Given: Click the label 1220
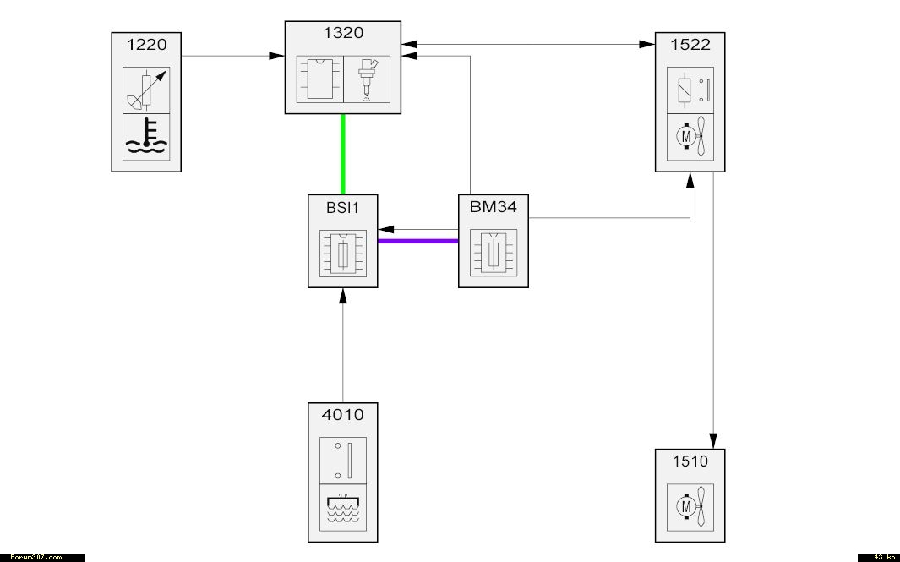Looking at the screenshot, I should pyautogui.click(x=146, y=45).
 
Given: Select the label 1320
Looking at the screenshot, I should pyautogui.click(x=342, y=34).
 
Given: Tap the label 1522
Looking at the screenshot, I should pyautogui.click(x=690, y=45).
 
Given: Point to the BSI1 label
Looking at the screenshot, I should pyautogui.click(x=342, y=207).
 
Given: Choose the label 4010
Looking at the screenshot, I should pyautogui.click(x=342, y=415).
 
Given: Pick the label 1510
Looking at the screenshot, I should pyautogui.click(x=690, y=461).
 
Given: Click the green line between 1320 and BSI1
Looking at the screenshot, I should pyautogui.click(x=342, y=154).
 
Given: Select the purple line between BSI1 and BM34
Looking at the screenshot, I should pyautogui.click(x=417, y=241).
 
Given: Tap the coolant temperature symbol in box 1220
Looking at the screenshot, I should pyautogui.click(x=146, y=137).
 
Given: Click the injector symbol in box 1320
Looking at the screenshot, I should pyautogui.click(x=367, y=79).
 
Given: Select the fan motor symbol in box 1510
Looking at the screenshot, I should pyautogui.click(x=690, y=507).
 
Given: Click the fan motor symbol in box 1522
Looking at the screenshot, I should pyautogui.click(x=690, y=137).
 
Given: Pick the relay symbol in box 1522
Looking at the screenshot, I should pyautogui.click(x=690, y=90).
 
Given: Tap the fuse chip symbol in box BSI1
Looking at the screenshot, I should pyautogui.click(x=342, y=254).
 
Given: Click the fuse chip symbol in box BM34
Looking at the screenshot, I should pyautogui.click(x=493, y=254).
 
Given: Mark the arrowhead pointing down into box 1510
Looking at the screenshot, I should pyautogui.click(x=714, y=441).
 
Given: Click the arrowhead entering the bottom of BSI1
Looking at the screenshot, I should pyautogui.click(x=342, y=295).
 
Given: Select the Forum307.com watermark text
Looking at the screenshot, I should pyautogui.click(x=35, y=557).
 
